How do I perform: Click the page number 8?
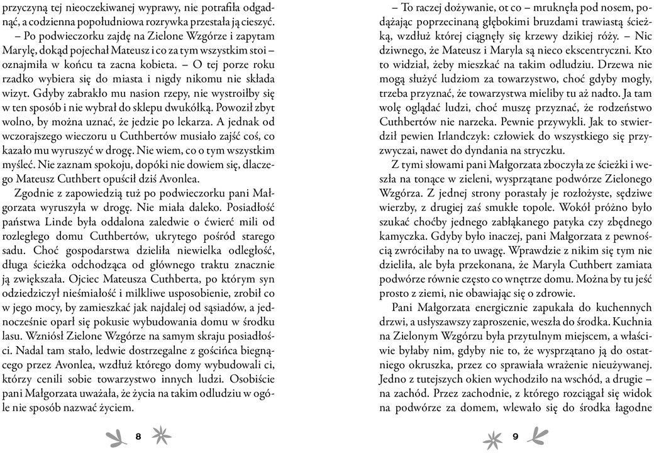point(138,436)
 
